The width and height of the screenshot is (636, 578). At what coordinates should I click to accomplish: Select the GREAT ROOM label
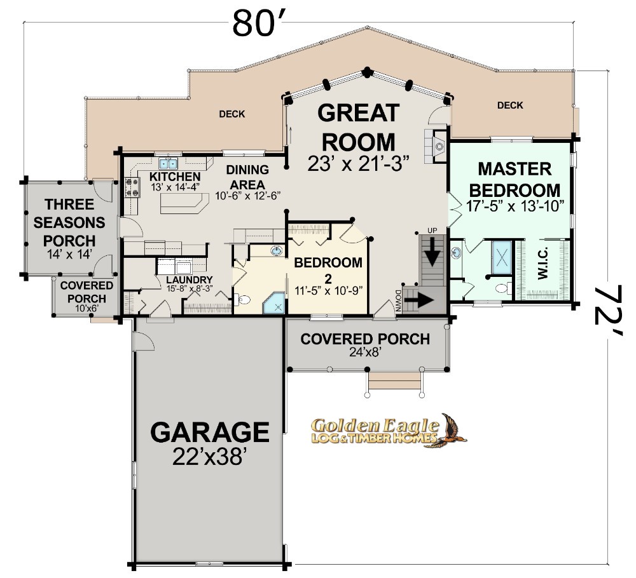point(358,127)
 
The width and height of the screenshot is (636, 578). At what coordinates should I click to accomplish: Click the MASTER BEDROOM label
point(515,180)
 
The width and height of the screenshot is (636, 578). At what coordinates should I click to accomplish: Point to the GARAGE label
point(210,432)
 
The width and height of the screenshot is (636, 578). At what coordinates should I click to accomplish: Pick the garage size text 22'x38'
point(210,457)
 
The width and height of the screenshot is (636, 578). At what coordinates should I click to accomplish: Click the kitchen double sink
point(168,164)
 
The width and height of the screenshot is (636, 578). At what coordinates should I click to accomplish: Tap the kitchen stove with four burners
point(132,187)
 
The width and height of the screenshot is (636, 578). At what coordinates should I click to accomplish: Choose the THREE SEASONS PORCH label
point(69,222)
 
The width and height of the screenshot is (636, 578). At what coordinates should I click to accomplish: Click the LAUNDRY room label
point(190,280)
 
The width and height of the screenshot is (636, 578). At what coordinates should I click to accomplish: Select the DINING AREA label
point(247,177)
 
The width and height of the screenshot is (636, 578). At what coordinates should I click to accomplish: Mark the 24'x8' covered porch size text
point(365,352)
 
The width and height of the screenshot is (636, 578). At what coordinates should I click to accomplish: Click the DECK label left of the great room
point(232,114)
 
